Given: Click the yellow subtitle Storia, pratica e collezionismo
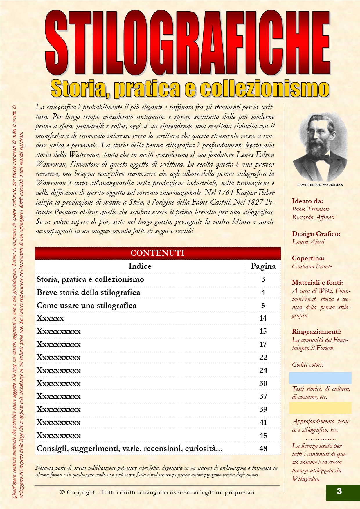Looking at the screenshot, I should point(190,89).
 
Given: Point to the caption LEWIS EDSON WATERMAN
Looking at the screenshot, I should point(320,185).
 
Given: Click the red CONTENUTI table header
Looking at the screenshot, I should point(158,253).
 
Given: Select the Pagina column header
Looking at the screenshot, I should point(263,266).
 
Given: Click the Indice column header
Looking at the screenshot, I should point(140,266).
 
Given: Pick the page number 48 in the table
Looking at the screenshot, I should point(263,448).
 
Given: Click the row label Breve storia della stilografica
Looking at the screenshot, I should point(89,292).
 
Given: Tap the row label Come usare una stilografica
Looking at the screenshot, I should point(87,305).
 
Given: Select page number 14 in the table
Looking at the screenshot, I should point(263,318).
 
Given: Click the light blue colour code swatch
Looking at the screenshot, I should point(320,378).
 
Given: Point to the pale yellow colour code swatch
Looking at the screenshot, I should point(320,408).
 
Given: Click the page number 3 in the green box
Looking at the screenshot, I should point(339,491).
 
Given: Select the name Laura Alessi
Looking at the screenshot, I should point(308,242).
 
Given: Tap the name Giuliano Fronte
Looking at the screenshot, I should point(312,266).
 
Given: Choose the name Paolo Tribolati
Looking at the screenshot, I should point(310,209).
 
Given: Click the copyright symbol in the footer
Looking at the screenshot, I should point(62,492).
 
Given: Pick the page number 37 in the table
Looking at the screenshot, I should point(263,396).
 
